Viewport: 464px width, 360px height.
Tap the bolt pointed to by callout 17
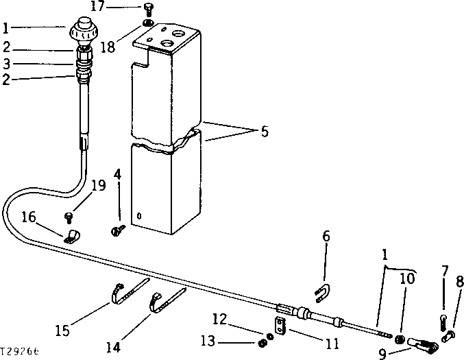[x=148, y=9]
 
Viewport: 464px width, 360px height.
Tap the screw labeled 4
[x=117, y=232]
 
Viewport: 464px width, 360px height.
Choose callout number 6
[x=326, y=237]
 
